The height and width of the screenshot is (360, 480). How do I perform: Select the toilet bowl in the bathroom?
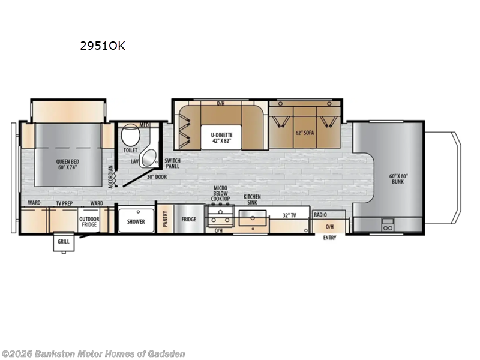coord(130,135)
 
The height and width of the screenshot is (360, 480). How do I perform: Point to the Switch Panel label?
coord(172,164)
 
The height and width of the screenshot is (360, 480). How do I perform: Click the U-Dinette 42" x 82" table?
coord(221,135)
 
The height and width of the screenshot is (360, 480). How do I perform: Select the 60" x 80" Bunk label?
coord(398,178)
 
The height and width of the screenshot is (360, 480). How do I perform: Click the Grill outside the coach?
coord(63,242)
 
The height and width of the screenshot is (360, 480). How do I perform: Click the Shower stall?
coord(136,221)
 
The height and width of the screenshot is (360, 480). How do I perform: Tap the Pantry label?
coord(165,220)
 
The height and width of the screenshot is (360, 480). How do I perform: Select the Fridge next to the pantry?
coord(189,220)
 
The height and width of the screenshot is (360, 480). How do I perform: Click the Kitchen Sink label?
coord(252,200)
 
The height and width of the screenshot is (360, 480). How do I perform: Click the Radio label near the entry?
coord(320,215)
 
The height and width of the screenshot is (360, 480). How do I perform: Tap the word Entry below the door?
coord(329,238)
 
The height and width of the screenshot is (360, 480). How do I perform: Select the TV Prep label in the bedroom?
coord(64,203)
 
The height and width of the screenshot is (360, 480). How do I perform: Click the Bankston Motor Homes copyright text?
coord(93,353)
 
